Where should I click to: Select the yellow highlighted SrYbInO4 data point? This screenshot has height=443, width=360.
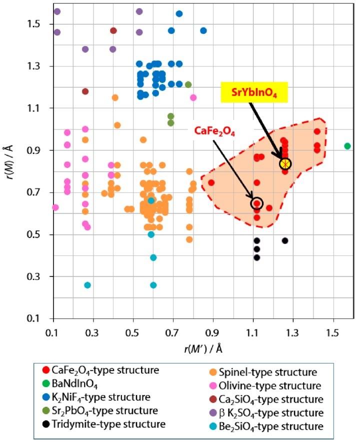point(285,164)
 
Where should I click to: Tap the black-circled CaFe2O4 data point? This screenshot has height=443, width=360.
point(257,203)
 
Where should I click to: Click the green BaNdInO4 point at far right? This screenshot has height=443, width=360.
point(347,146)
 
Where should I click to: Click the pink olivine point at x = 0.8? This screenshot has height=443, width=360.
point(193,97)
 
